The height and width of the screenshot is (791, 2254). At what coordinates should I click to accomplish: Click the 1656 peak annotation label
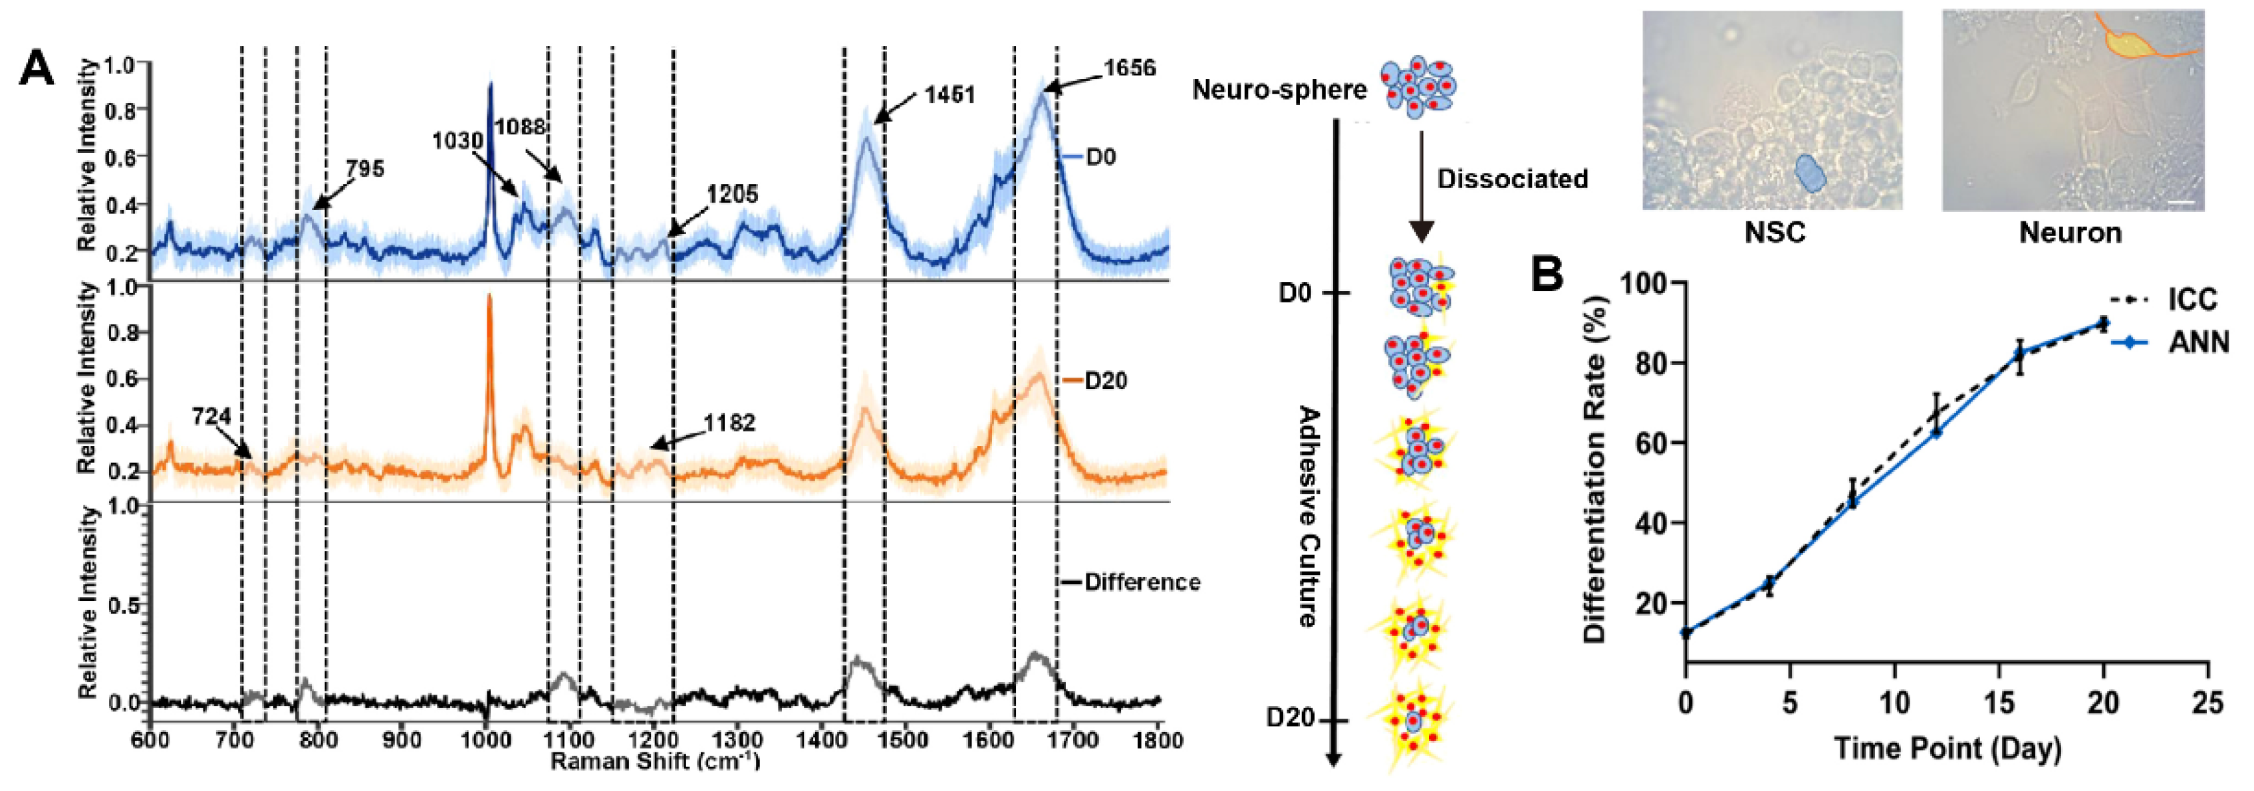coord(1129,68)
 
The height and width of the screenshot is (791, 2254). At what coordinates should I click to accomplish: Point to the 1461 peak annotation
coord(950,94)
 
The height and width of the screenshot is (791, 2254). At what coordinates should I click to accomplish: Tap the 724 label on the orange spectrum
coord(211,417)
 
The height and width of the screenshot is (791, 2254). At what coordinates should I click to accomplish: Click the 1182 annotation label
coord(730,423)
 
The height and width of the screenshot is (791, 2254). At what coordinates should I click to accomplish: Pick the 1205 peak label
coord(732,194)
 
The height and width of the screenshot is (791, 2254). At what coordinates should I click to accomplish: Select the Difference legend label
coord(1142,582)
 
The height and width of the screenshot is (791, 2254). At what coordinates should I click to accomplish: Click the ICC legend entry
coord(2193,300)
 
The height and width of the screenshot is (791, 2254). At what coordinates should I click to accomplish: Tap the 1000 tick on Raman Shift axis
coord(485,740)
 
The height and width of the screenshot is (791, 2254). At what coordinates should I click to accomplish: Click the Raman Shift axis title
coord(656,761)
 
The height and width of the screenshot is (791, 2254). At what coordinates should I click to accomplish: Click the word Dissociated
coord(1512,179)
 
